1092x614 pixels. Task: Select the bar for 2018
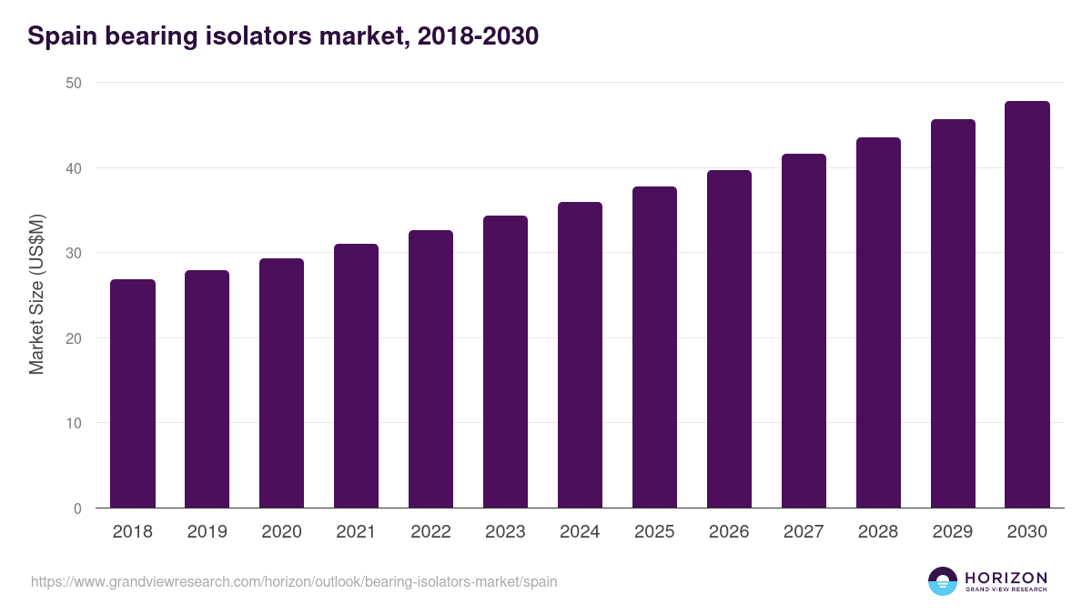tap(133, 394)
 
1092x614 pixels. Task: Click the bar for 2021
tap(356, 376)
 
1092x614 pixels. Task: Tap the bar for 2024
tap(580, 355)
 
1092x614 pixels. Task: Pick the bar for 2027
tap(804, 331)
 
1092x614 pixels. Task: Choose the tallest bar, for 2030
tap(1027, 305)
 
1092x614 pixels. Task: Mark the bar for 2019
tap(207, 389)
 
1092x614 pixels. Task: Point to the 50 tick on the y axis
tap(73, 83)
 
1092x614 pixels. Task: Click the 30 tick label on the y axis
tap(73, 253)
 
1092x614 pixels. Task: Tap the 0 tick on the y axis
tap(77, 508)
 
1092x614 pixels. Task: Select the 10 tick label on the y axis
tap(73, 423)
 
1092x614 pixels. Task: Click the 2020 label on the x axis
tap(281, 532)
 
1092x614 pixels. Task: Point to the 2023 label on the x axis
tap(505, 532)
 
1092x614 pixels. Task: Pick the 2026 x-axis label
tap(729, 532)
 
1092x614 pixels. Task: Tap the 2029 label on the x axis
tap(953, 532)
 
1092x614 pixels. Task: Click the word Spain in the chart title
tap(62, 36)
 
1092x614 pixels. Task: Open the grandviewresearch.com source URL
tap(294, 581)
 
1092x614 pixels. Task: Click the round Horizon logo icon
tap(943, 581)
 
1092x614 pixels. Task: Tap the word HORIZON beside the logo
tap(1006, 577)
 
